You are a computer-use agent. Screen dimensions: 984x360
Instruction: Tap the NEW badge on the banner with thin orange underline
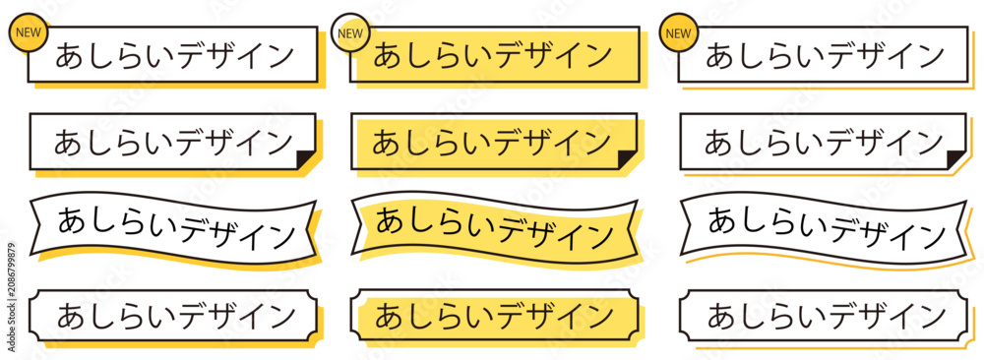[x=678, y=32]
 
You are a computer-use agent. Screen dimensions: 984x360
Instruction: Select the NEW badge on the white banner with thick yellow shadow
[x=28, y=32]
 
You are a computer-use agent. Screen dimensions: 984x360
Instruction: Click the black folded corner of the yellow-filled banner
[x=627, y=159]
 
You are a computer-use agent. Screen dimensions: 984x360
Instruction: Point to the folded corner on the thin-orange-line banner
[x=956, y=159]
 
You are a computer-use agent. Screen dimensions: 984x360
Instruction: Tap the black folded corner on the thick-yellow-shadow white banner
[x=305, y=159]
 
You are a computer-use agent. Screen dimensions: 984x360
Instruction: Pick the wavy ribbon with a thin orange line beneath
[x=824, y=227]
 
